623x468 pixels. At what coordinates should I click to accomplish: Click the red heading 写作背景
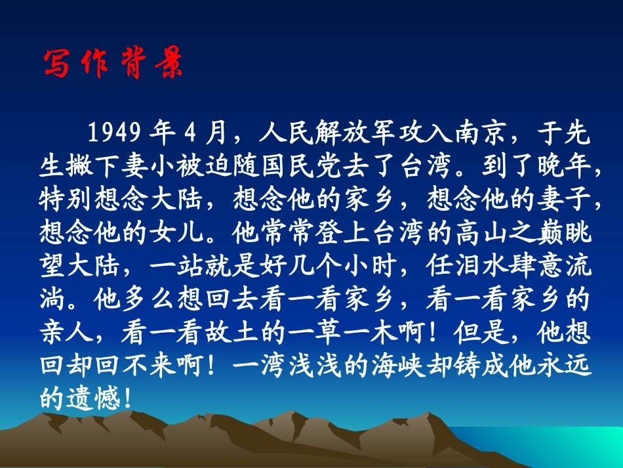coord(113,64)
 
